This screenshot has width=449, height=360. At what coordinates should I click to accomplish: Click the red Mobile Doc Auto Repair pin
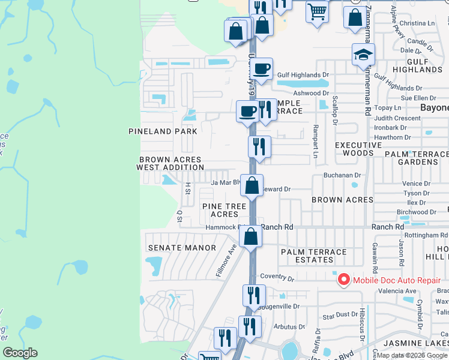[x=343, y=280]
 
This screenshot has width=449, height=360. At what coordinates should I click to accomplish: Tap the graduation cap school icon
[x=363, y=55]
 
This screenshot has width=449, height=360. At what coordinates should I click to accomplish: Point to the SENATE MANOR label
[x=182, y=247]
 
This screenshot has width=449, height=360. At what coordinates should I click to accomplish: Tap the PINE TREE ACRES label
[x=224, y=210]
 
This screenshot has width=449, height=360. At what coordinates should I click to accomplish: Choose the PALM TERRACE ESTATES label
[x=314, y=256]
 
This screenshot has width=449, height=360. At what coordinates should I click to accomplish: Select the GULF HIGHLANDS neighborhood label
[x=417, y=65]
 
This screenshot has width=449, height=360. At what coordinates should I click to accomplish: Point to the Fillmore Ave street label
[x=226, y=260]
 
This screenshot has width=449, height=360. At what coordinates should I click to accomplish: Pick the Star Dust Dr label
[x=340, y=315]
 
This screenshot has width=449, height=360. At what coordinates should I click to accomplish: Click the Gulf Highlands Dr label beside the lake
[x=304, y=75]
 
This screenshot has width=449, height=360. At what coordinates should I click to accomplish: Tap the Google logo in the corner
[x=20, y=353]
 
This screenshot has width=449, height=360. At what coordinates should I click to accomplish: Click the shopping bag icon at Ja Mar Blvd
[x=252, y=185]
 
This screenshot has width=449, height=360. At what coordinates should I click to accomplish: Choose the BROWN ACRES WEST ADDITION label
[x=171, y=163]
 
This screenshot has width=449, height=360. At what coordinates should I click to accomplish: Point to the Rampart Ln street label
[x=315, y=141]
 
